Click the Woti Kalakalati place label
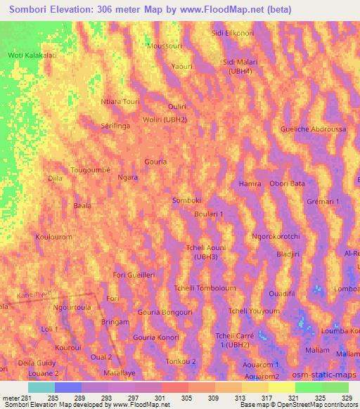(x=31, y=55)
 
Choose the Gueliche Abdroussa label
(x=313, y=129)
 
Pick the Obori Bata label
(x=287, y=183)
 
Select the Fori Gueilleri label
(x=134, y=275)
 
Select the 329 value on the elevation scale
(x=347, y=398)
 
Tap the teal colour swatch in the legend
(x=41, y=387)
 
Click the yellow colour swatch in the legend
(x=281, y=387)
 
